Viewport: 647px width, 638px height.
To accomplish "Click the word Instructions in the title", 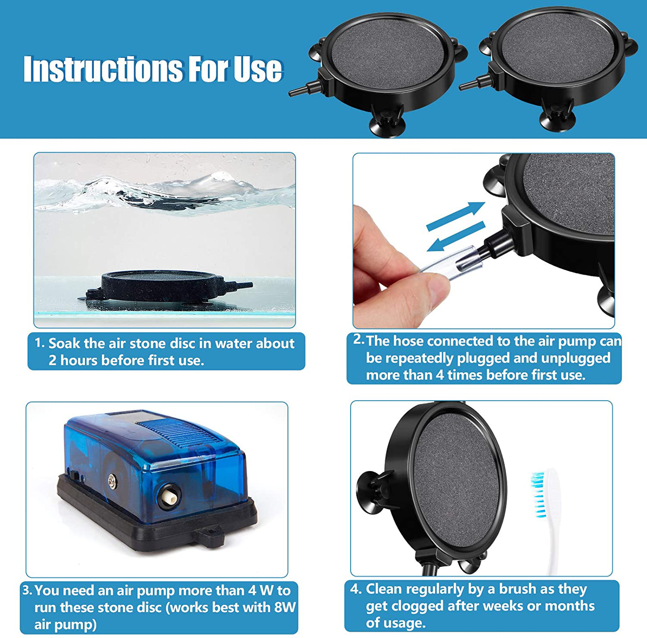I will pyautogui.click(x=103, y=69).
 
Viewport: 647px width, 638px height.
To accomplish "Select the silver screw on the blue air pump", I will pyautogui.click(x=111, y=481).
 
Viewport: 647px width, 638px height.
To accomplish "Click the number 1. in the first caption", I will pyautogui.click(x=39, y=343).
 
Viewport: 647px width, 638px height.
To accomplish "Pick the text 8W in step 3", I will pyautogui.click(x=285, y=608).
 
